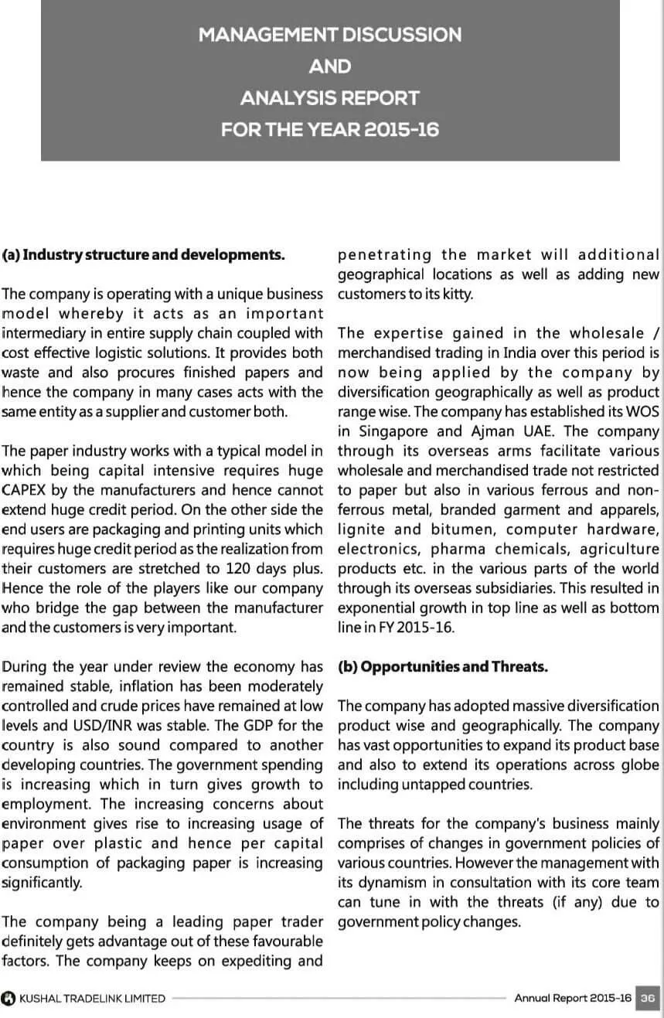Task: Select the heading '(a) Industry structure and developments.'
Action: click(x=144, y=254)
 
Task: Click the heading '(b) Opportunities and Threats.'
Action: click(x=443, y=667)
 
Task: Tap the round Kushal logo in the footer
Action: click(x=9, y=998)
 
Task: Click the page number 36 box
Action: click(x=649, y=998)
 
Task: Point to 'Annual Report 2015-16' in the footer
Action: click(x=573, y=998)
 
